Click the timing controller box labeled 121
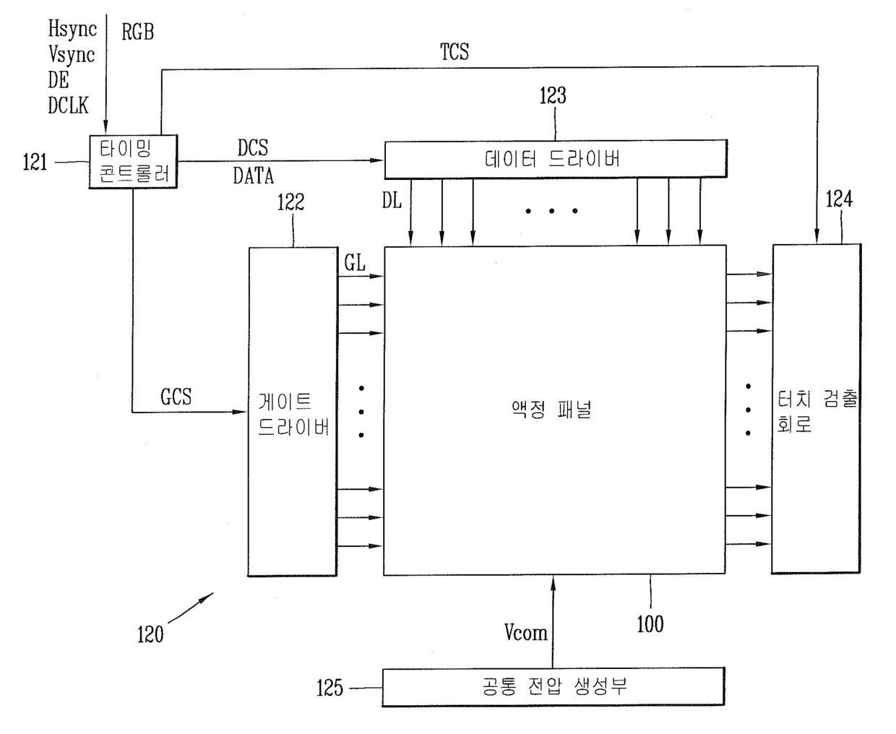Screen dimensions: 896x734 pyautogui.click(x=133, y=161)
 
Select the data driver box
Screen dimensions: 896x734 pyautogui.click(x=556, y=159)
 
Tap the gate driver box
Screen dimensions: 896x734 pyautogui.click(x=293, y=412)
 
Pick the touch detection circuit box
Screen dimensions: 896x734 pyautogui.click(x=816, y=409)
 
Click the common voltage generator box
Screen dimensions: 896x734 pyautogui.click(x=553, y=687)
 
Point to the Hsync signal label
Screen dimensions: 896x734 pyautogui.click(x=72, y=30)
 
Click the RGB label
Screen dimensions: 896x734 pyautogui.click(x=137, y=32)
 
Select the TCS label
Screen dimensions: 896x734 pyautogui.click(x=455, y=52)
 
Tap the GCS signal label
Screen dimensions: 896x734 pyautogui.click(x=176, y=397)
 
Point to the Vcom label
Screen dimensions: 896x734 pyautogui.click(x=525, y=632)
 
